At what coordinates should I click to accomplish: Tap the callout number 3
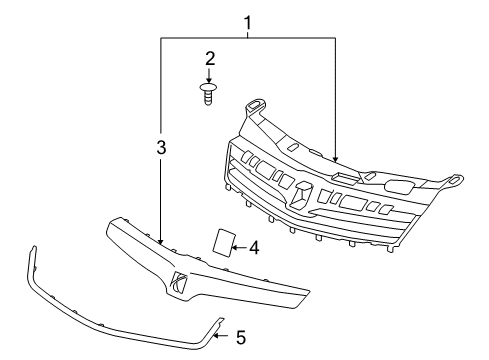click(160, 148)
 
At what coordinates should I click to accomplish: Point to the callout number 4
click(254, 246)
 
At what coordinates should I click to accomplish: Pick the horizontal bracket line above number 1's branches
click(248, 38)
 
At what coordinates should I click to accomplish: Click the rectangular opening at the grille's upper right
click(399, 185)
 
